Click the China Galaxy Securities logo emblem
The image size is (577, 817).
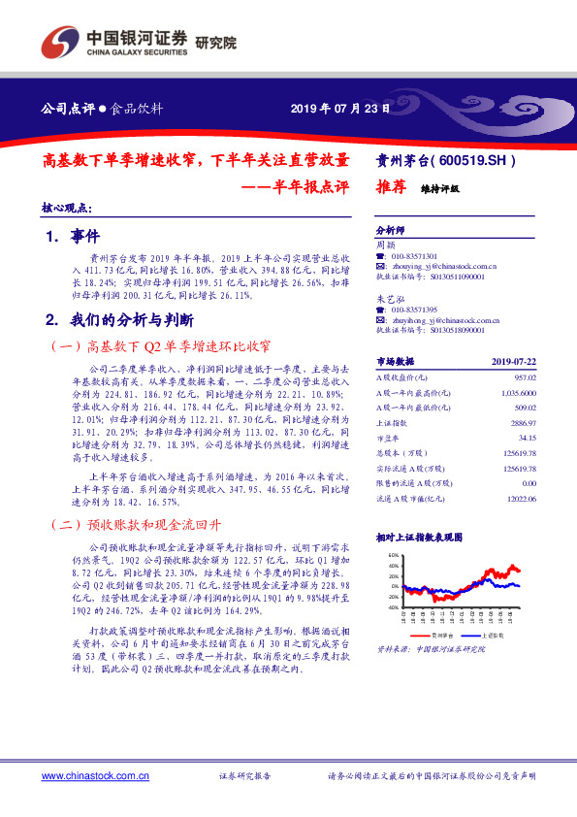[x=60, y=44]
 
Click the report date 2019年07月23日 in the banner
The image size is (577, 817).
[x=340, y=109]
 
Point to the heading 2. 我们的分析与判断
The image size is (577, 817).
[x=120, y=318]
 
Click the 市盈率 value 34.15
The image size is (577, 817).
[x=527, y=439]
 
